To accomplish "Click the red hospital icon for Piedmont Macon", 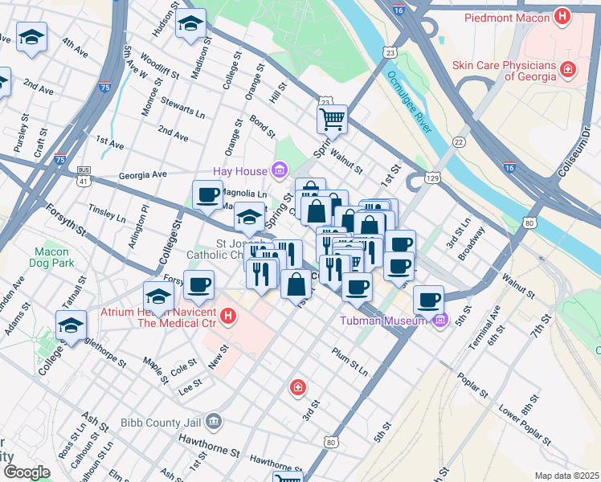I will (x=564, y=16).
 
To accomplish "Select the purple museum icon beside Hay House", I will (x=279, y=170).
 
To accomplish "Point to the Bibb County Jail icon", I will (x=213, y=420).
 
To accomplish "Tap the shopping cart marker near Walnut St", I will (x=332, y=120).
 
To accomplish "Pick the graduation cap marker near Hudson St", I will (x=190, y=23).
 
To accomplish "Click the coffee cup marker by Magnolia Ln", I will (x=207, y=194).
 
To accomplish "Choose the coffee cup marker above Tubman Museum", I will (x=429, y=300).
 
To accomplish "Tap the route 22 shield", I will (x=459, y=141).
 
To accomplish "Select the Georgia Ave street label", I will (x=142, y=174).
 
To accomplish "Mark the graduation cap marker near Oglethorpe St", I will (x=71, y=325).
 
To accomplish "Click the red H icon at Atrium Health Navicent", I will (x=229, y=316).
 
